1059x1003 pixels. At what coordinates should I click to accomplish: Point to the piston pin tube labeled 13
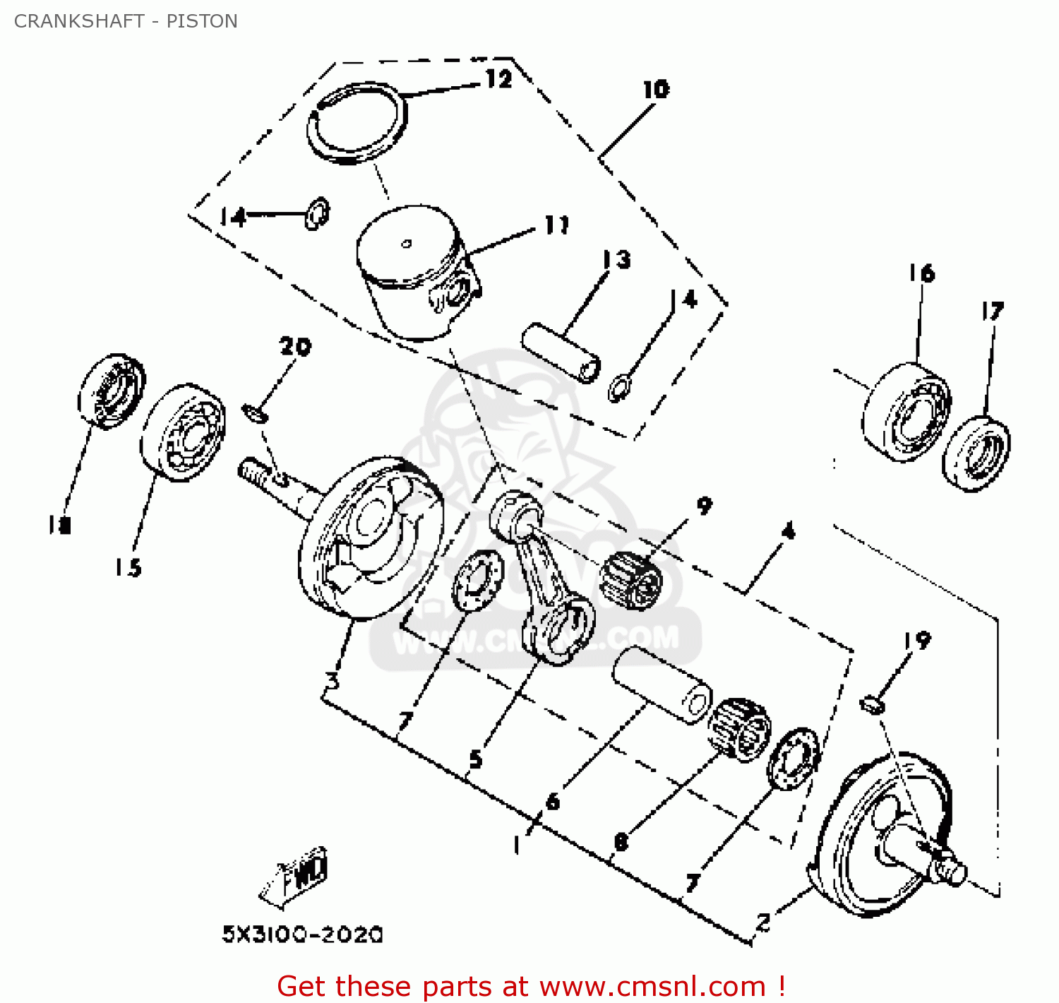(561, 351)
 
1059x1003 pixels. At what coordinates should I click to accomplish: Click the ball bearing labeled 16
(906, 413)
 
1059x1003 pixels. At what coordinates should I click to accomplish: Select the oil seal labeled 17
(976, 453)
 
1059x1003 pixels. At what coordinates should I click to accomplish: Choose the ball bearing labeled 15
(183, 433)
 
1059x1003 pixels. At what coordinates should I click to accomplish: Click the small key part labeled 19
(873, 704)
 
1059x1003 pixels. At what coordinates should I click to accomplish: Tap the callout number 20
(295, 346)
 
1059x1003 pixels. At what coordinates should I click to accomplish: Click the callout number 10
(656, 90)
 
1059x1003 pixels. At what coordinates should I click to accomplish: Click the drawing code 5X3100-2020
(302, 934)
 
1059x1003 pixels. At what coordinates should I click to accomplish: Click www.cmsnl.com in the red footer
(652, 986)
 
